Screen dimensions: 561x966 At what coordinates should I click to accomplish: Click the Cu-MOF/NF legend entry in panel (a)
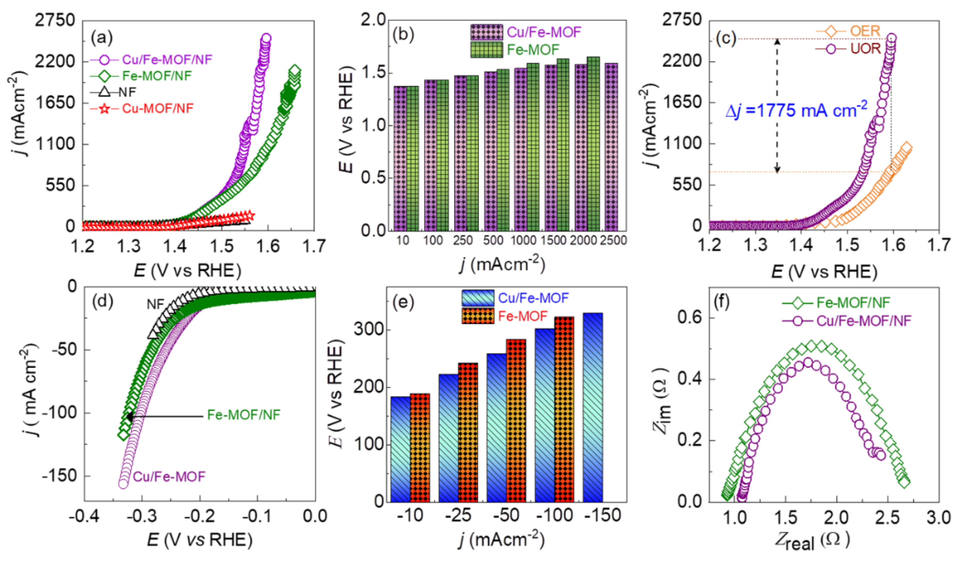[157, 109]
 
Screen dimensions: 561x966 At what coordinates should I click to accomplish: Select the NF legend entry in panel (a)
[127, 92]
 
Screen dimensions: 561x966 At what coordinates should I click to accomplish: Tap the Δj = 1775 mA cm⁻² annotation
[796, 110]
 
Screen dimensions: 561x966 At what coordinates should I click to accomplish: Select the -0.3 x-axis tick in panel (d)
[142, 516]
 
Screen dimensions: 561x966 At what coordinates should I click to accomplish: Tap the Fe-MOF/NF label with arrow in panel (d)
[243, 415]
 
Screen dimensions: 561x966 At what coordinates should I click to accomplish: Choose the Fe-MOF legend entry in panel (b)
[533, 50]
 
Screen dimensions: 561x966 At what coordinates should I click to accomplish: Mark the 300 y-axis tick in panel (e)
[368, 329]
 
